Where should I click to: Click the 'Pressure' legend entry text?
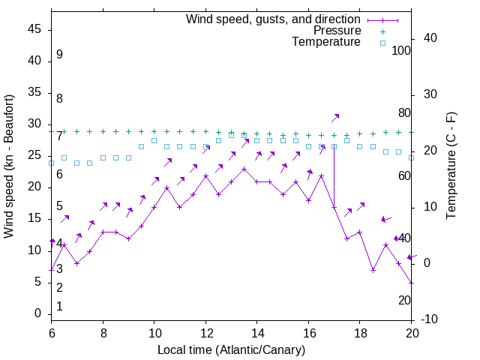coord(337,31)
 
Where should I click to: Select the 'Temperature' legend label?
coord(326,42)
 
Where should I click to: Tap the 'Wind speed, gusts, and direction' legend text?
coord(274,19)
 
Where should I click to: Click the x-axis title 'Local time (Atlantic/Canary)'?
coord(231,350)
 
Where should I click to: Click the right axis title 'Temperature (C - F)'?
coord(451,166)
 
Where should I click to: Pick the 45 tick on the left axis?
coord(34,29)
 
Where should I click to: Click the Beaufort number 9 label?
coord(59,55)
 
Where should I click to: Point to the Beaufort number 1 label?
coord(59,307)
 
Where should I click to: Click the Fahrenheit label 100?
coord(402,50)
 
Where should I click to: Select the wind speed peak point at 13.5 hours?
coord(244,169)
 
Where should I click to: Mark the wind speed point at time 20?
coord(412,282)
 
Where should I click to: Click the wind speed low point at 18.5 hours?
coord(373,269)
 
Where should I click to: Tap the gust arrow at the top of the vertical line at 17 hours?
coord(335,117)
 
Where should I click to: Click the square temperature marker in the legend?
coord(382,43)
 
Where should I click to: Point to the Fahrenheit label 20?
coord(404,300)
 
